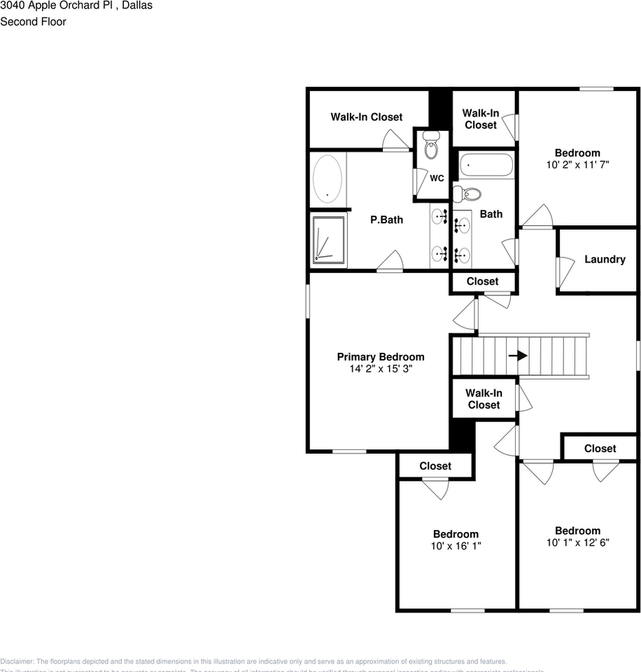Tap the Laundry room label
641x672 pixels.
[x=605, y=259]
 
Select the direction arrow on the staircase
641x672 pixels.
[x=518, y=356]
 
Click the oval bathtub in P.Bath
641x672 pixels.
[x=327, y=180]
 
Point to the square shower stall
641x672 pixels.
[x=329, y=240]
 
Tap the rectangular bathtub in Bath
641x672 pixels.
[x=486, y=166]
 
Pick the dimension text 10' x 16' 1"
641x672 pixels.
[x=456, y=545]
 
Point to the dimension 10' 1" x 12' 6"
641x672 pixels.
[x=577, y=542]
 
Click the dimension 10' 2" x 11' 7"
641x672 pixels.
[x=577, y=164]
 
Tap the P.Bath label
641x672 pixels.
[x=386, y=220]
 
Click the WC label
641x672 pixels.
[x=437, y=178]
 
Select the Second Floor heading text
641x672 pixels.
[x=34, y=22]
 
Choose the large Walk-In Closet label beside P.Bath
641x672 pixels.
[x=367, y=117]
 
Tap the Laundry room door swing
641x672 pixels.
[x=563, y=272]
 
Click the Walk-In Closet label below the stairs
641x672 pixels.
[x=484, y=399]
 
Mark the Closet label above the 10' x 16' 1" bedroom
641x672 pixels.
[x=435, y=465]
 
